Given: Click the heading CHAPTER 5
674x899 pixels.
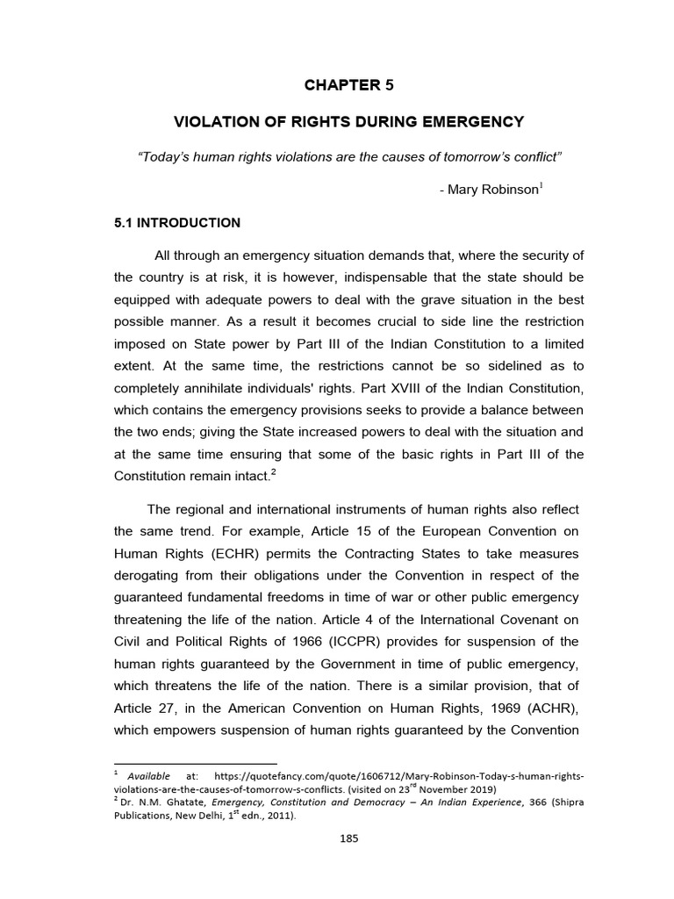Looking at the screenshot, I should (343, 85).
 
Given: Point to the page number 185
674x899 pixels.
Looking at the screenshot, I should (349, 838).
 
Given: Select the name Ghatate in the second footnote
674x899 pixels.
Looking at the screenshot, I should (185, 801).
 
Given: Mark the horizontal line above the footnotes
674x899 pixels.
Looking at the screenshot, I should (196, 763).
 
